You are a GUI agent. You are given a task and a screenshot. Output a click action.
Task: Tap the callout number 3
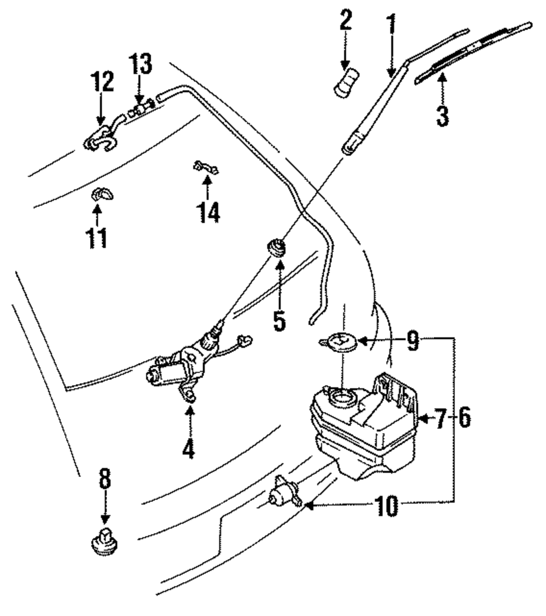(x=442, y=115)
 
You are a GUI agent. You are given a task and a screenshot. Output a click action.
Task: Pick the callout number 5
(x=280, y=320)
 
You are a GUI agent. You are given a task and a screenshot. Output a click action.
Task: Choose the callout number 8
(x=105, y=479)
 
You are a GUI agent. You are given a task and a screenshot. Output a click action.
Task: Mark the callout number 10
(x=389, y=507)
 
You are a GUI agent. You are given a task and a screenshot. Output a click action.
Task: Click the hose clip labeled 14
(x=206, y=168)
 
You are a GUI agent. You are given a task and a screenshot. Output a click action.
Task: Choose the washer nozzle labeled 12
(x=101, y=139)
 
